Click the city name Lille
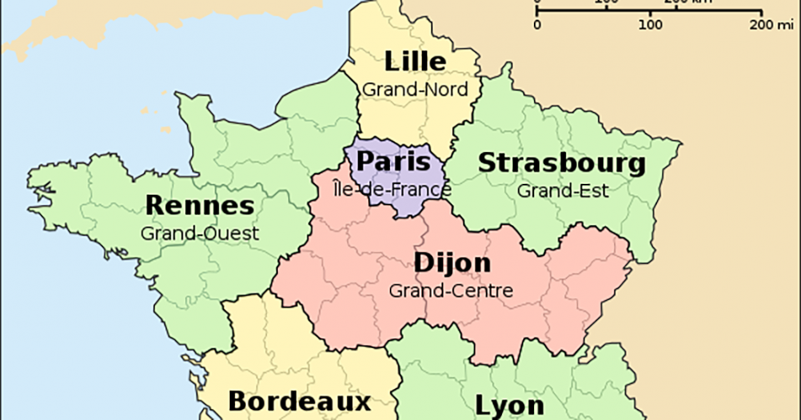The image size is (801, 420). click(415, 62)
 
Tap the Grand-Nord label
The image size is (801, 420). click(415, 90)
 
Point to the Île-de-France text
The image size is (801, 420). click(393, 190)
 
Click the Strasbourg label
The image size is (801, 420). click(561, 163)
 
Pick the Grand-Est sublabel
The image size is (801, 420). click(563, 191)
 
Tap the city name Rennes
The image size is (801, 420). click(199, 206)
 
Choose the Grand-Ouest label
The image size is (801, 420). click(199, 233)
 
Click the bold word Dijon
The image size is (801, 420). click(453, 263)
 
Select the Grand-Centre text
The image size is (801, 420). click(450, 290)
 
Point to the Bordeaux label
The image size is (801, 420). click(299, 401)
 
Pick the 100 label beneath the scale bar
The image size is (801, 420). click(650, 24)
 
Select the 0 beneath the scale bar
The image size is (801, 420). click(538, 24)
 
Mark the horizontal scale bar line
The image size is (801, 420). click(650, 11)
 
